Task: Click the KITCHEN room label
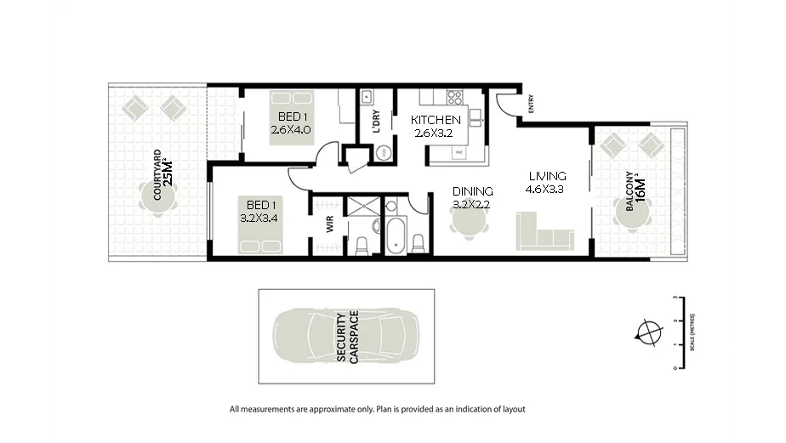point(436,120)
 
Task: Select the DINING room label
point(472,191)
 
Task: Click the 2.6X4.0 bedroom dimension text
point(291,130)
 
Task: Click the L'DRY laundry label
point(375,122)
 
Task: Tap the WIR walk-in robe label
point(329,224)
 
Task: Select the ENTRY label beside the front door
point(531,104)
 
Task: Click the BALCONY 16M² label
point(634,191)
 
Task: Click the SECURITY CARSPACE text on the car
point(347,338)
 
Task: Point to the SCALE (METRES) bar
point(676,333)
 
